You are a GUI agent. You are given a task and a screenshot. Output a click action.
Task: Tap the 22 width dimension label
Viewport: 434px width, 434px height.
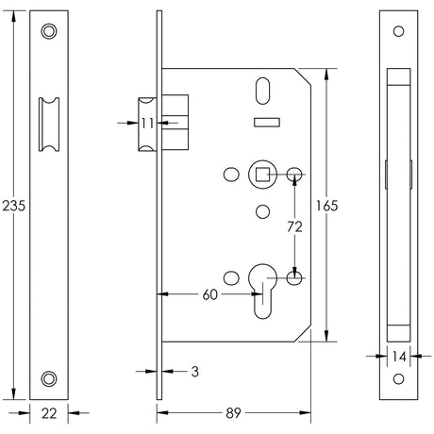click(x=49, y=412)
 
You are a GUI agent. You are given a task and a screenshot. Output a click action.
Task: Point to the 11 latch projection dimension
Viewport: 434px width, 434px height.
click(x=147, y=123)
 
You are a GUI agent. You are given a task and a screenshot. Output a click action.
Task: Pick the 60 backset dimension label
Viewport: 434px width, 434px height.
click(x=211, y=295)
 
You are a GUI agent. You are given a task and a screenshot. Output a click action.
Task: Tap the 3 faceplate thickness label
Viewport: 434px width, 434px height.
click(x=193, y=372)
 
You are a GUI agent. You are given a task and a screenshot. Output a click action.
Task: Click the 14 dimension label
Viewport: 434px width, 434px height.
click(x=399, y=357)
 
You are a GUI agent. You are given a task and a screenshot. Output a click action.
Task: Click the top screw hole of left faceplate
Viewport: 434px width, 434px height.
click(x=49, y=31)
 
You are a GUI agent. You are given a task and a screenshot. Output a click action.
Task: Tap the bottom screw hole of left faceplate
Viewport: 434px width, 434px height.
click(x=49, y=378)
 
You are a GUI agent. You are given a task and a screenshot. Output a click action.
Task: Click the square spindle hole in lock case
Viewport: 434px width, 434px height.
click(x=260, y=175)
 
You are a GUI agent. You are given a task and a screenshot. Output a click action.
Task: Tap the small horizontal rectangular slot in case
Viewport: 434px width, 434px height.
click(x=267, y=122)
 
